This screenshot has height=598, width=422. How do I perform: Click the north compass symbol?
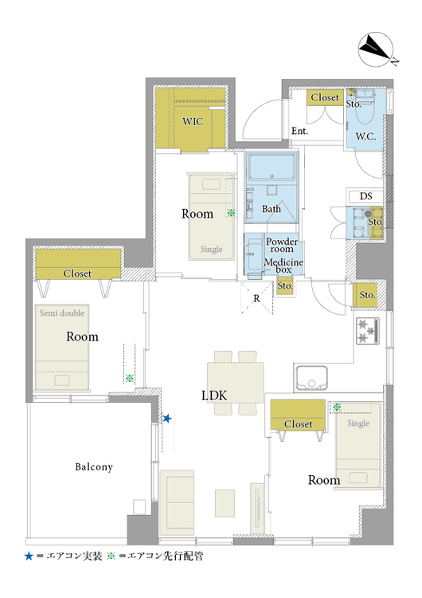[x=377, y=49]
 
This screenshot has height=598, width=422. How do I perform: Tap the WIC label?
[x=193, y=121]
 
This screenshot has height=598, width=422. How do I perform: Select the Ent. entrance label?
[x=299, y=131]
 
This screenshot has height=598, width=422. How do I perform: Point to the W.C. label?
[x=365, y=136]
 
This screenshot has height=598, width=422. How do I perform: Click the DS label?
[x=366, y=196]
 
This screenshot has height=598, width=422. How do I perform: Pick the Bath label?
[x=272, y=209]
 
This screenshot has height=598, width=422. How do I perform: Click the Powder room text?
[x=282, y=245]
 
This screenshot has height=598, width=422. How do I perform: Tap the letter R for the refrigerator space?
[x=256, y=298]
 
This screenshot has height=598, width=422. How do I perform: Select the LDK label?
[x=214, y=395]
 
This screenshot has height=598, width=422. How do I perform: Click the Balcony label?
[x=94, y=466]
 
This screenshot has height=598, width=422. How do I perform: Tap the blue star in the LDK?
[x=167, y=419]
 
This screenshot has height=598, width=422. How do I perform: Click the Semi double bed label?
[x=62, y=313]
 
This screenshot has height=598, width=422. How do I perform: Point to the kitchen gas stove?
[x=368, y=331]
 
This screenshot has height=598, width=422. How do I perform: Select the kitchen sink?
[x=311, y=378]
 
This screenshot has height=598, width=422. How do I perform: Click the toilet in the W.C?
[x=365, y=106]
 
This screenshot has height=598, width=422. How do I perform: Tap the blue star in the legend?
[x=29, y=556]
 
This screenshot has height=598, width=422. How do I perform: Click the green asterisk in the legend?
[x=111, y=556]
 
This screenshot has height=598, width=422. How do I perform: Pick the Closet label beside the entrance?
[x=325, y=97]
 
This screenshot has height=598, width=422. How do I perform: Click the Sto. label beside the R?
[x=285, y=286]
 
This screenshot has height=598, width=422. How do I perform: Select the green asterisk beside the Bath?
[x=231, y=213]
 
